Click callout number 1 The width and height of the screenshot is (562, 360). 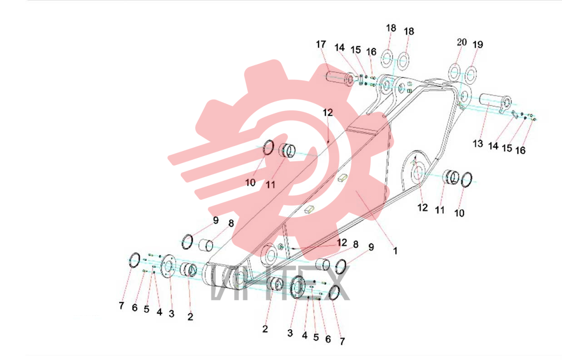395,251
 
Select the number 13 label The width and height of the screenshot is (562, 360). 477,143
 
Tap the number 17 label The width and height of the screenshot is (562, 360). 321,44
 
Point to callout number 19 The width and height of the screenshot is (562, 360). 477,44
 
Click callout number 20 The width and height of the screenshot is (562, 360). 462,42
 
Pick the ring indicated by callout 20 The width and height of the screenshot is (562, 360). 454,72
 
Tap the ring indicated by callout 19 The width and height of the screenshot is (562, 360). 471,74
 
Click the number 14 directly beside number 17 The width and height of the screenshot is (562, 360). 339,47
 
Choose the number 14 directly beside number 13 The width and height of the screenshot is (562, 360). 493,146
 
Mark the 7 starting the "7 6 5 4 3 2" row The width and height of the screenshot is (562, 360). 121,306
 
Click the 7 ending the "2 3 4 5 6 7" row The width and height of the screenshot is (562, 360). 342,341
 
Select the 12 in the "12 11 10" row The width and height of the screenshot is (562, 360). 423,207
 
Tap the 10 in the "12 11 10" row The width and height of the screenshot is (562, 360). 459,213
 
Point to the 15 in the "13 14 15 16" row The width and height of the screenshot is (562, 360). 507,148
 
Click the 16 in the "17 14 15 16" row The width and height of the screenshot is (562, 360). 371,52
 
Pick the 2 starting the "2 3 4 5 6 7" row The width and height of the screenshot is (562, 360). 265,329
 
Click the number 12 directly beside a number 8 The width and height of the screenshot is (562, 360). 342,242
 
